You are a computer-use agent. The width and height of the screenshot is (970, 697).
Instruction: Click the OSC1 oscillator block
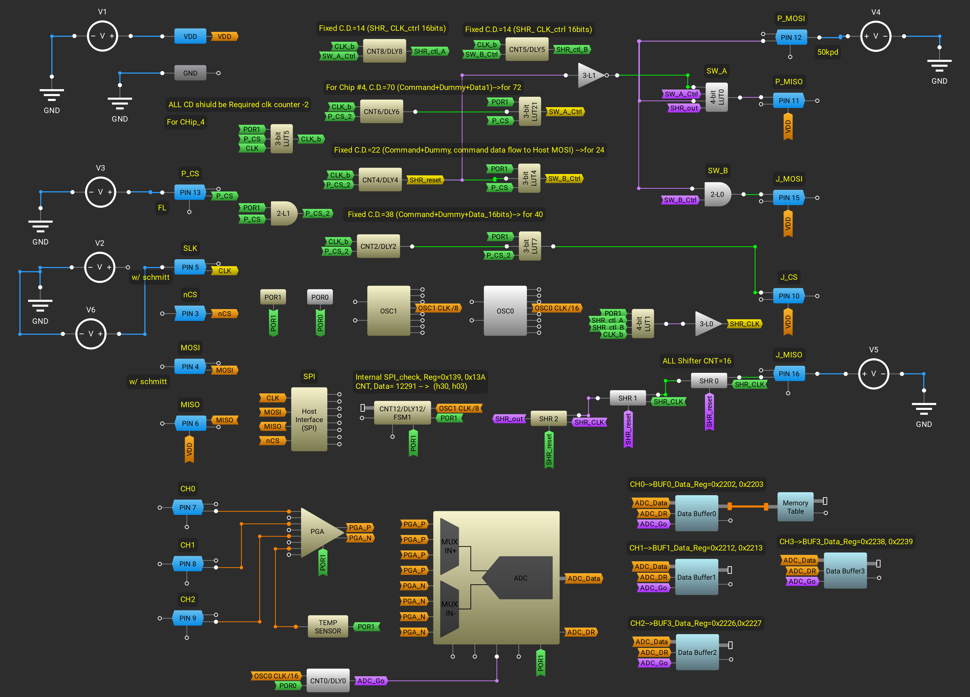(x=388, y=311)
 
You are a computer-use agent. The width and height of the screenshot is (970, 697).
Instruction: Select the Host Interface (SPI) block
(x=309, y=419)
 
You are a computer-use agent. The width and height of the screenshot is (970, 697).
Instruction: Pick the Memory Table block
(x=795, y=507)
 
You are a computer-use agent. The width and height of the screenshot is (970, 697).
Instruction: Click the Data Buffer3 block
(x=845, y=571)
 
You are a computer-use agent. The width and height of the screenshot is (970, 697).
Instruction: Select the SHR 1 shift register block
(x=627, y=398)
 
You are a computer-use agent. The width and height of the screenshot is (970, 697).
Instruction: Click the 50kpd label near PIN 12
(x=828, y=52)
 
